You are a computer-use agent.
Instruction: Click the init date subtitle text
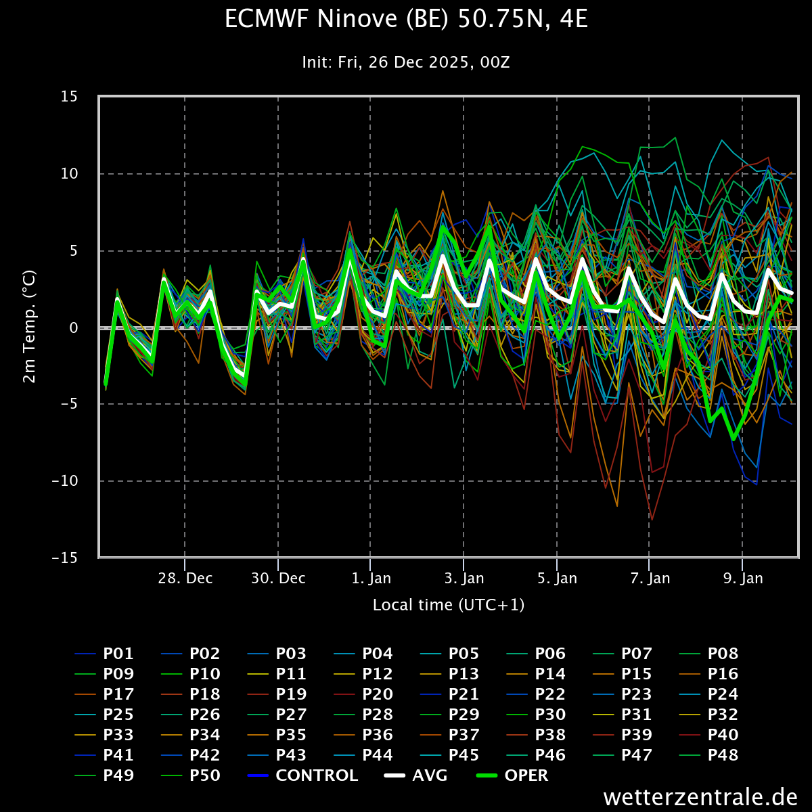click(x=406, y=62)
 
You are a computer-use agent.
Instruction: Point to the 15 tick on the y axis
click(x=69, y=97)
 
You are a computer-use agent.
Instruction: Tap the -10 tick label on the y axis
click(x=66, y=481)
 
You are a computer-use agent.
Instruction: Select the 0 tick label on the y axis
click(x=74, y=328)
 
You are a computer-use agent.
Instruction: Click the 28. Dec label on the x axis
click(x=185, y=578)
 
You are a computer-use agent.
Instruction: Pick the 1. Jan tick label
click(x=371, y=578)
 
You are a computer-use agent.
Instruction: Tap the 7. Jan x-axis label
click(x=650, y=578)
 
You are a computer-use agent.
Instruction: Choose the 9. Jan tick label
click(x=743, y=578)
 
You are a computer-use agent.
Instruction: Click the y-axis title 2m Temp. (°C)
click(x=30, y=327)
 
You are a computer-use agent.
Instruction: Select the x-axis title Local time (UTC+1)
click(x=449, y=605)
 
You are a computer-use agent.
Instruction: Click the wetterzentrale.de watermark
click(x=700, y=797)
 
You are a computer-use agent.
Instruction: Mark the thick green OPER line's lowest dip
click(x=734, y=440)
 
